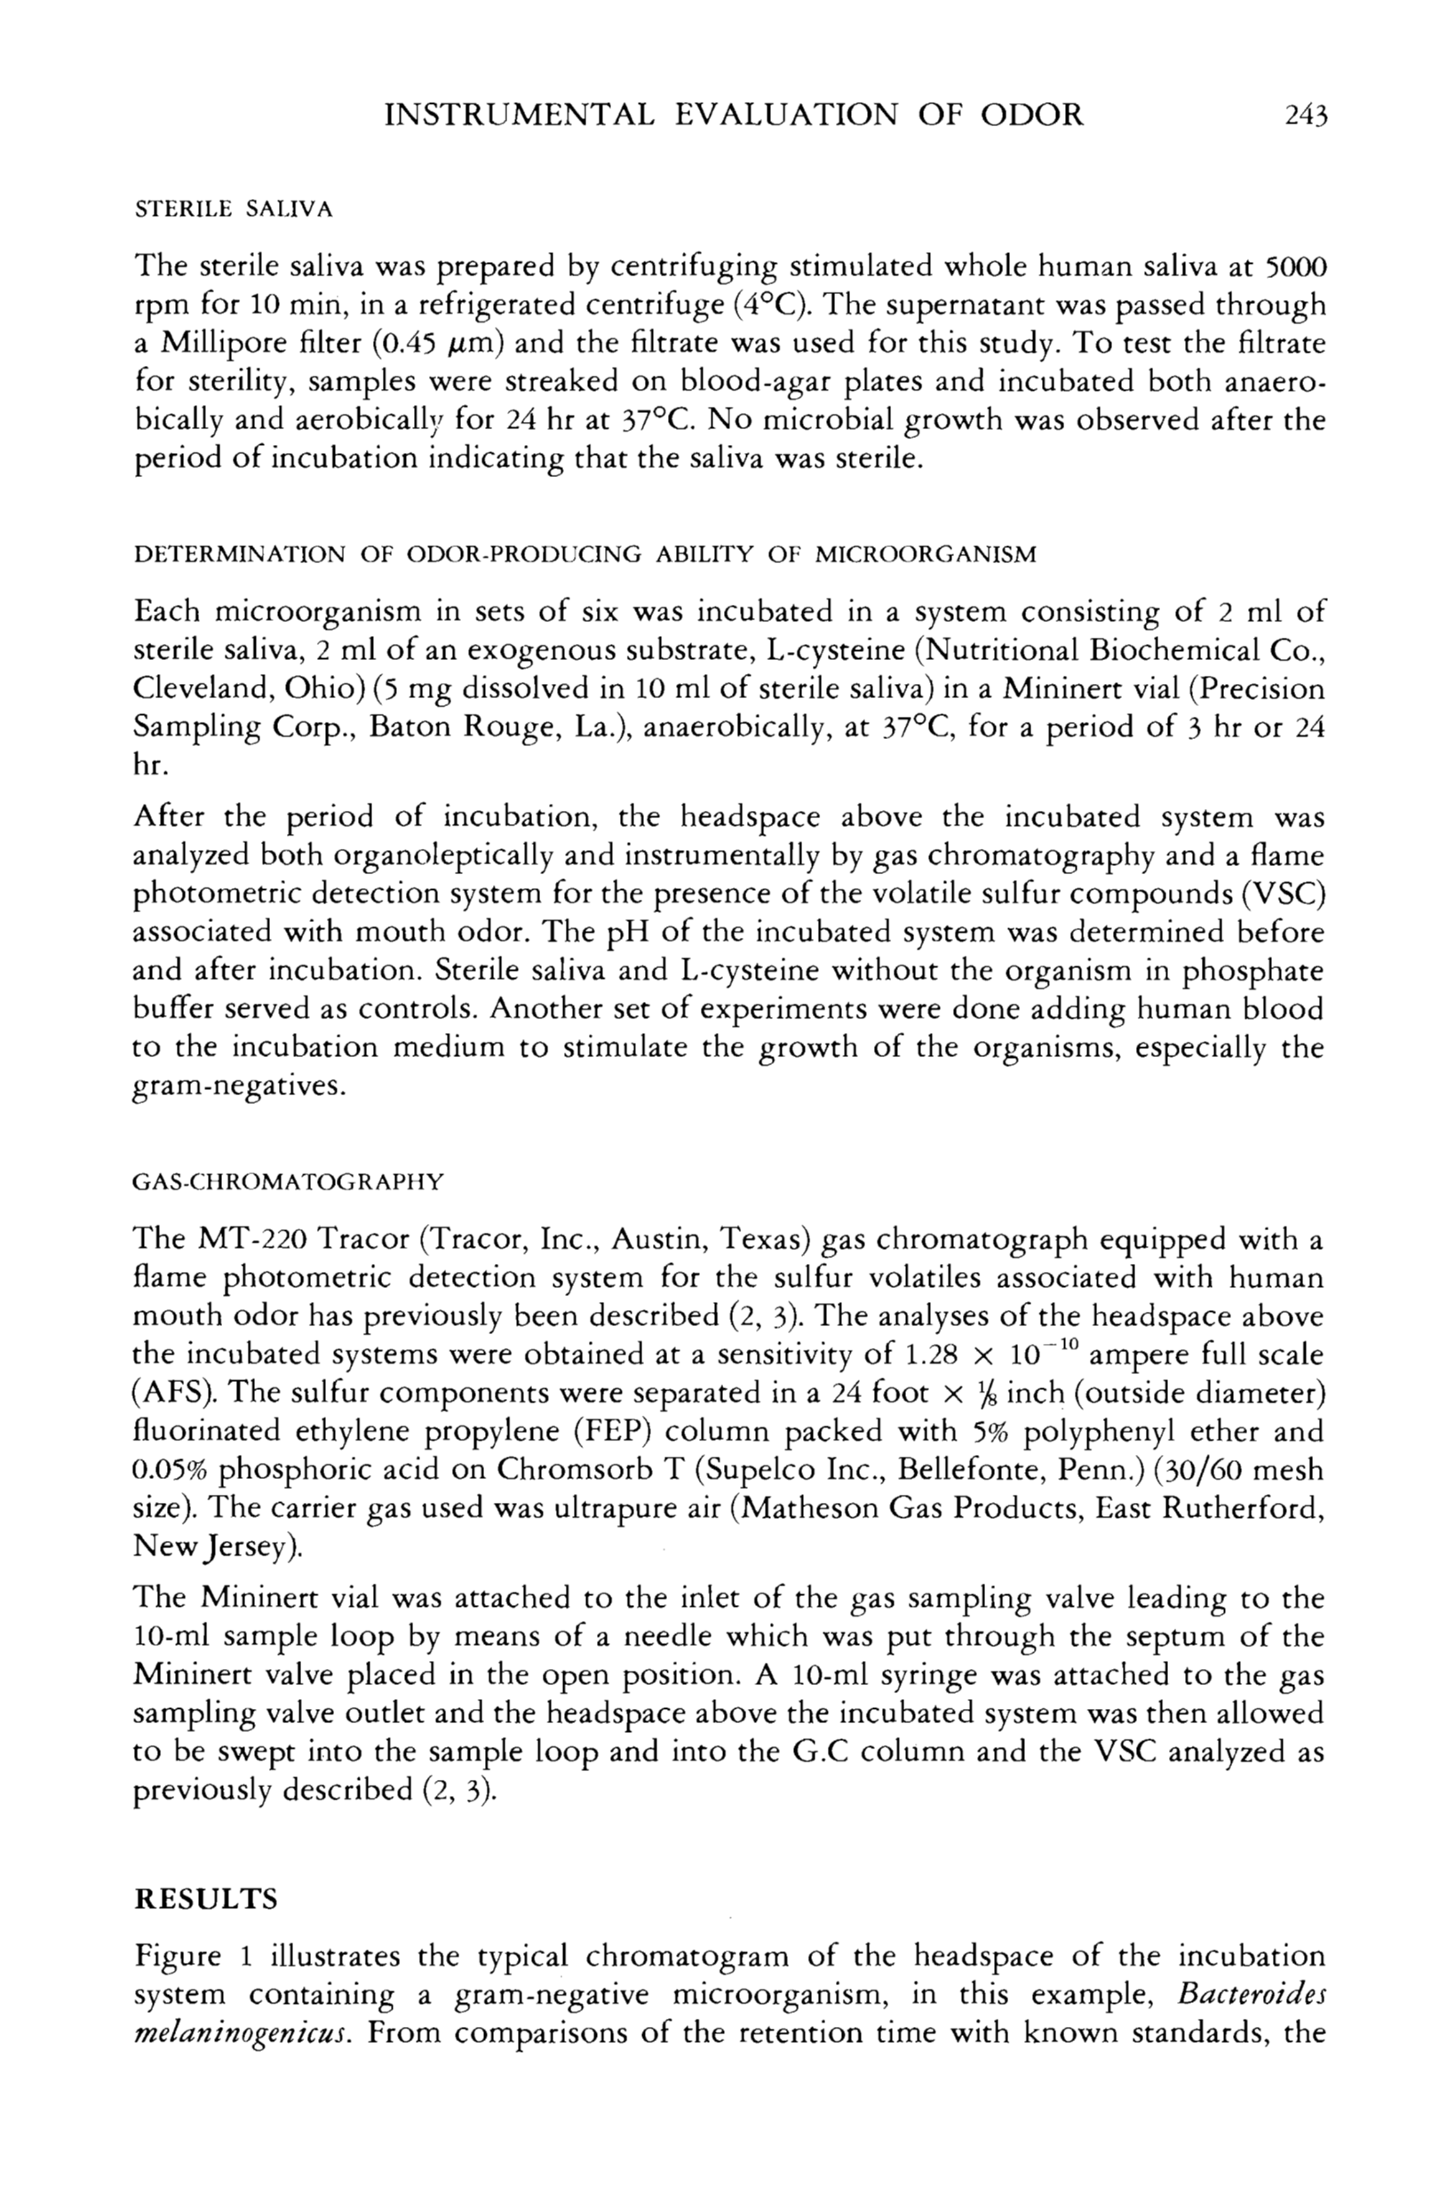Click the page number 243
tap(1307, 115)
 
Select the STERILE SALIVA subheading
tap(233, 209)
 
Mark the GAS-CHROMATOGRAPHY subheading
tap(289, 1183)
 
